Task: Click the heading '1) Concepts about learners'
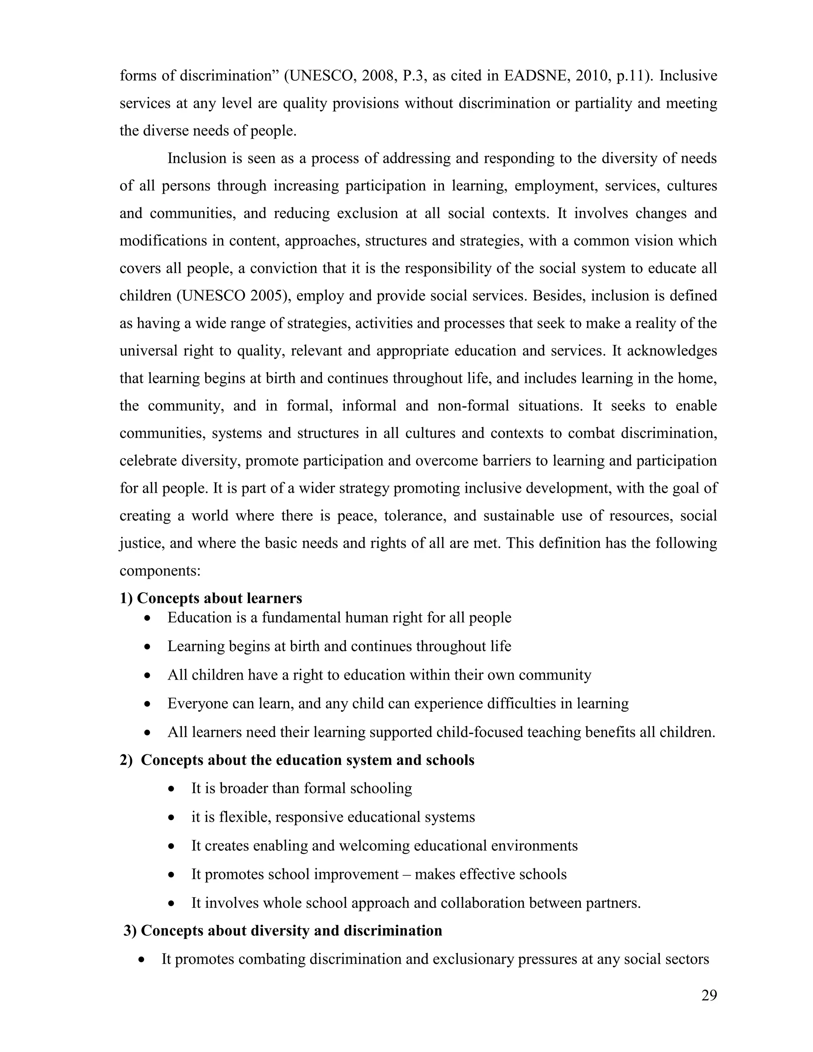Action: pos(211,598)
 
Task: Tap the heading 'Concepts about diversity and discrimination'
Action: pos(291,931)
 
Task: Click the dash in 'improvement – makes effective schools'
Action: pos(407,874)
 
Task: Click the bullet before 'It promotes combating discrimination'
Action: pos(142,960)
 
